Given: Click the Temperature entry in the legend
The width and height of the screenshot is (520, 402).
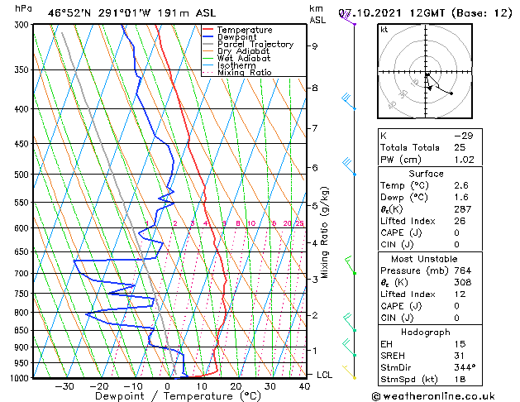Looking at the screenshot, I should coord(245,31).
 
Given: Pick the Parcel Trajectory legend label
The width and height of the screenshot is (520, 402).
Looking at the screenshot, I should coord(255,45).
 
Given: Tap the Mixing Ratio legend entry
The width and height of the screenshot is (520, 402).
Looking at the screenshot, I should coord(244,73).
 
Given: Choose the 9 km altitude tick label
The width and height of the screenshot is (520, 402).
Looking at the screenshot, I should coord(314,46).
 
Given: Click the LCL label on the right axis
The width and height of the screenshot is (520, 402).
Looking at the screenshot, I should coord(325,375).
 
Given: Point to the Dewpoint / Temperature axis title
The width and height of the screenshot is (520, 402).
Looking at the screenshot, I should coord(166,396).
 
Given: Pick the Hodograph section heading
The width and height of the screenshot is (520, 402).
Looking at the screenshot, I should coord(426,332).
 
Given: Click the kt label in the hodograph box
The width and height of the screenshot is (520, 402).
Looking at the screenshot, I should coord(384,30).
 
